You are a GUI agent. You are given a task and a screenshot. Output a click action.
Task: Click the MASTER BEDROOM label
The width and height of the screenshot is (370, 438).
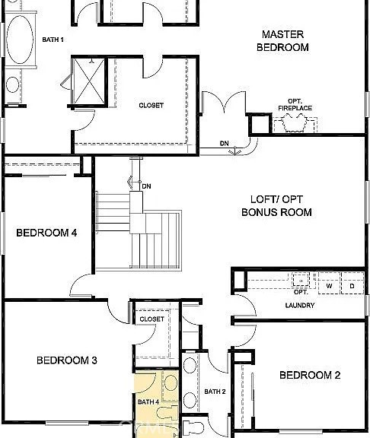coord(282,41)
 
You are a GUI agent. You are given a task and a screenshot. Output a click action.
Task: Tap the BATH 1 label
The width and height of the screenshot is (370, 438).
coord(53,40)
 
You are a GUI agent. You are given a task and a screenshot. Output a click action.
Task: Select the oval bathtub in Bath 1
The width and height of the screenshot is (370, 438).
coord(20,40)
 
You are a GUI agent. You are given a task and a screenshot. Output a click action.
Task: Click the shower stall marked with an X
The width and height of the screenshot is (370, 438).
coord(88,81)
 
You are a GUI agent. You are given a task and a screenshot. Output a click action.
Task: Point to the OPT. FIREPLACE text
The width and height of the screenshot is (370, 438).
coord(295,104)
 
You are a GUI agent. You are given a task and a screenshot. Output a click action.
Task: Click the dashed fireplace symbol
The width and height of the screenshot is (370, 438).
coord(295,124)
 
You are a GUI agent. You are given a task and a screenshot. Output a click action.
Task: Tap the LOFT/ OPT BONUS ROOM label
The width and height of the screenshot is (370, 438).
coord(276,206)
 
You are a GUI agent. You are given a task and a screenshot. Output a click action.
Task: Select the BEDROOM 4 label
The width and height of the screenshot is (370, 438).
coord(46,233)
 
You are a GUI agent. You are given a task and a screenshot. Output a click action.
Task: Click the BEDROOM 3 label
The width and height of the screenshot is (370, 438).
coord(67,360)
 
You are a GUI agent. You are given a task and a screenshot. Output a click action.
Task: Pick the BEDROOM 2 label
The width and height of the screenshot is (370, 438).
coord(310,375)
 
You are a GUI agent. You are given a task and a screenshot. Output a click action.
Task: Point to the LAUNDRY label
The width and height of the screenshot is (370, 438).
coord(300,306)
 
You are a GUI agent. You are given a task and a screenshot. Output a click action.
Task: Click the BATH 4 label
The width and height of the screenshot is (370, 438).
coord(148,402)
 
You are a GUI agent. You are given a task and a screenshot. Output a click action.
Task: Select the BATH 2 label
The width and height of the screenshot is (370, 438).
coord(215,392)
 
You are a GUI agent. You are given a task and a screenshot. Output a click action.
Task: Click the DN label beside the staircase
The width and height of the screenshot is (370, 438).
coord(146,186)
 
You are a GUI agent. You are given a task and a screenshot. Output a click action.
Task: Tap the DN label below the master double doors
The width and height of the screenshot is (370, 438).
coord(225,144)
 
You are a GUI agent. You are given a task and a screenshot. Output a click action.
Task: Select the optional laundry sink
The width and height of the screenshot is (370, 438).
coord(301,280)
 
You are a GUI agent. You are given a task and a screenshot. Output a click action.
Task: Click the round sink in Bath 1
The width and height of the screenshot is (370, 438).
coord(13,84)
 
